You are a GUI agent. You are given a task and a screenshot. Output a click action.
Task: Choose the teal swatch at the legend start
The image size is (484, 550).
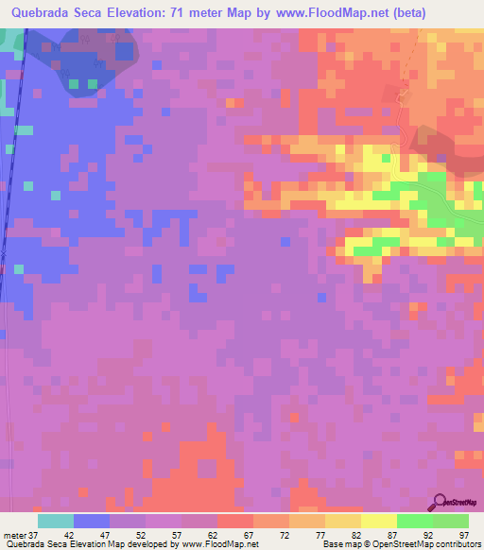pyautogui.click(x=56, y=522)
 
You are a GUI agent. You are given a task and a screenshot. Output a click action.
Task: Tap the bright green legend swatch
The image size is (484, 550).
pyautogui.click(x=414, y=522)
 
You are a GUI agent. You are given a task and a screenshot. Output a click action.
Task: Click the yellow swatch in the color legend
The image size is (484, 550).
pyautogui.click(x=378, y=522)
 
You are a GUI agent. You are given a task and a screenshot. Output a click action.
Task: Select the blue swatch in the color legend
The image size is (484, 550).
pyautogui.click(x=92, y=522)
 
